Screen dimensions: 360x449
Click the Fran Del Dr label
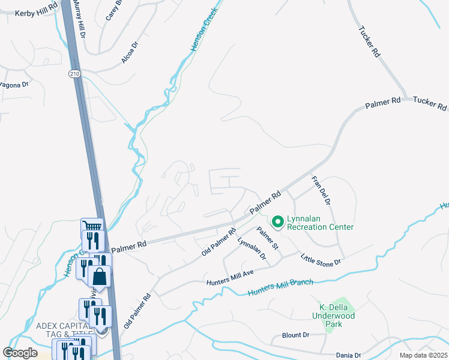coord(322,191)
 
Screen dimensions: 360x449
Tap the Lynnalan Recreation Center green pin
coord(277,222)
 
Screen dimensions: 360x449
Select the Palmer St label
coord(268,238)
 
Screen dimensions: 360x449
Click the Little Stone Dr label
coord(321,259)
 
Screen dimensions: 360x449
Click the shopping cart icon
coord(92,227)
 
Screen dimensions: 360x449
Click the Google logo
coord(20,353)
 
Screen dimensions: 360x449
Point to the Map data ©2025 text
coord(423,355)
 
